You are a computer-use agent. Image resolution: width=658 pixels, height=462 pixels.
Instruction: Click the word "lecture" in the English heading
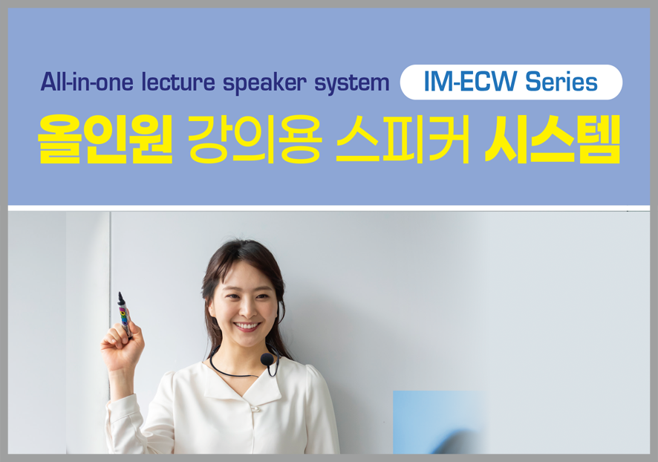pyautogui.click(x=178, y=82)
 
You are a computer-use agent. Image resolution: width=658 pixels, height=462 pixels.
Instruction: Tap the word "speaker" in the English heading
pyautogui.click(x=264, y=83)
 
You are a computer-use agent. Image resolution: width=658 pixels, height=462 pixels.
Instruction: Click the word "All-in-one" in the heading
pyautogui.click(x=87, y=82)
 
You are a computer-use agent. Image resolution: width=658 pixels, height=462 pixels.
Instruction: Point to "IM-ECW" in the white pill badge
pyautogui.click(x=470, y=82)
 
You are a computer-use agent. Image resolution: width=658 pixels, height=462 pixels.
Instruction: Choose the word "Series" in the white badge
pyautogui.click(x=561, y=82)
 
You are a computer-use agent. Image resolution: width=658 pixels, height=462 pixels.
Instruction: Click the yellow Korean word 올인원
pyautogui.click(x=105, y=139)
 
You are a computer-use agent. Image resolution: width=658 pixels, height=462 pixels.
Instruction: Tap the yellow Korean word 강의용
pyautogui.click(x=255, y=139)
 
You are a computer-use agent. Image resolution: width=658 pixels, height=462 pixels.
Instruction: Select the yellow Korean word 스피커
pyautogui.click(x=403, y=139)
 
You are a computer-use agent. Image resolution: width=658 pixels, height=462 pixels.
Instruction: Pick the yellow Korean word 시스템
pyautogui.click(x=553, y=139)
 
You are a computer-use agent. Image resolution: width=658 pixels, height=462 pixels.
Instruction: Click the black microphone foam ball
pyautogui.click(x=267, y=359)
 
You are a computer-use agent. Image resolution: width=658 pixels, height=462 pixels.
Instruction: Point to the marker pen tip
pyautogui.click(x=120, y=296)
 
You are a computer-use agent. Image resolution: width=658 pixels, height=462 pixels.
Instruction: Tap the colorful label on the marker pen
pyautogui.click(x=124, y=318)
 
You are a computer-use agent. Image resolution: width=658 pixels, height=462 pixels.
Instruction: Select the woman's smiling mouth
pyautogui.click(x=247, y=325)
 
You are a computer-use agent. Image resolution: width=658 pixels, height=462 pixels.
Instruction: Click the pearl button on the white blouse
pyautogui.click(x=255, y=407)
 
